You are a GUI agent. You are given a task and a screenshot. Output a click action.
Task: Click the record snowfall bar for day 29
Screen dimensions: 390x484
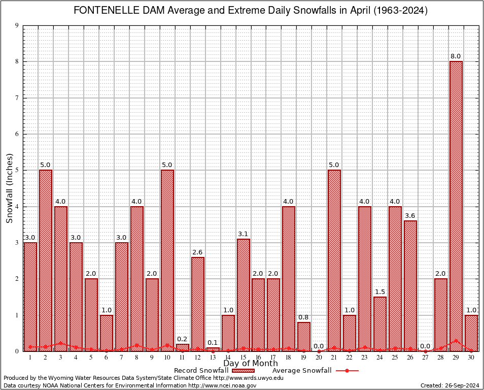tap(456, 206)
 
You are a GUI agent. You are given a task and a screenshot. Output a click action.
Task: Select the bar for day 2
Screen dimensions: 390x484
tap(46, 260)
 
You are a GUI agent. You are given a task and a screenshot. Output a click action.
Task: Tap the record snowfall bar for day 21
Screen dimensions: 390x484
tap(334, 260)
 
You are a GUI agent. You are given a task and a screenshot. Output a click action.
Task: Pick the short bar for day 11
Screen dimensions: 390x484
tap(182, 347)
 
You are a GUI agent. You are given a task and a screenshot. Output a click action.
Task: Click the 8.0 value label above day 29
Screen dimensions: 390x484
tap(456, 56)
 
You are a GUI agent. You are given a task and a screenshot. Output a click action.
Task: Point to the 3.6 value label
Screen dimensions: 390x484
tap(410, 216)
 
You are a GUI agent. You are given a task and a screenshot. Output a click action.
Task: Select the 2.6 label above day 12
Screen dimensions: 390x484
tap(197, 252)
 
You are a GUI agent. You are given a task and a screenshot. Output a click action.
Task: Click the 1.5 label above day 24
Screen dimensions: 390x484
tap(380, 292)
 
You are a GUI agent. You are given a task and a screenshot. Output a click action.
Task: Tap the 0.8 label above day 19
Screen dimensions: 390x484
tap(304, 317)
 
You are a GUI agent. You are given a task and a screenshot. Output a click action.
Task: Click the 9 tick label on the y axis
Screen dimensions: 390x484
tap(17, 25)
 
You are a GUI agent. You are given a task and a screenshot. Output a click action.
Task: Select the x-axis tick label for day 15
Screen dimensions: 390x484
tap(243, 357)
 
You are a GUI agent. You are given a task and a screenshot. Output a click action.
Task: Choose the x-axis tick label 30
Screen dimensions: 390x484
tap(471, 357)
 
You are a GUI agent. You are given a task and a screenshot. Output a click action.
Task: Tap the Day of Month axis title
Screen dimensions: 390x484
tap(251, 364)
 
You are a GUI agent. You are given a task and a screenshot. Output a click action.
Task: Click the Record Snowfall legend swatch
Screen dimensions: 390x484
tap(243, 371)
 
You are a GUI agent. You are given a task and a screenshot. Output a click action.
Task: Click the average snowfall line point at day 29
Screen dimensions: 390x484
tap(456, 341)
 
